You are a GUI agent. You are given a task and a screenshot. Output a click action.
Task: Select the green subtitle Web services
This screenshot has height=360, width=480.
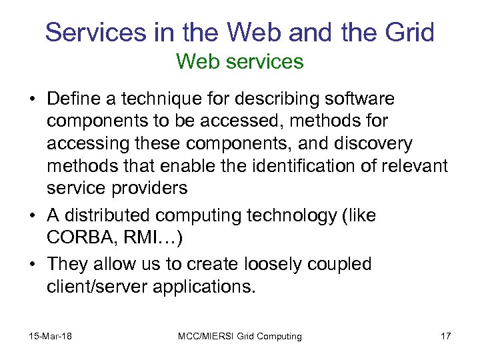(240, 62)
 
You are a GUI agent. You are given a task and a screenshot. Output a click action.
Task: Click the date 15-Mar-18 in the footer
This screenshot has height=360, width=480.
(50, 336)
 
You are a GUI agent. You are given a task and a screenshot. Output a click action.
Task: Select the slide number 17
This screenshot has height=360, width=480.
(445, 336)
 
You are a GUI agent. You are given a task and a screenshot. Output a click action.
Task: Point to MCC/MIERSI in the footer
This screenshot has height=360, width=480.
(206, 336)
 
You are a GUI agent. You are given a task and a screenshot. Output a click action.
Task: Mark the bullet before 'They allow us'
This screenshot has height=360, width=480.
(33, 265)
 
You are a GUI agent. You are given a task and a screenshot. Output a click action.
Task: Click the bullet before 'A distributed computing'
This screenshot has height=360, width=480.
(33, 216)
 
